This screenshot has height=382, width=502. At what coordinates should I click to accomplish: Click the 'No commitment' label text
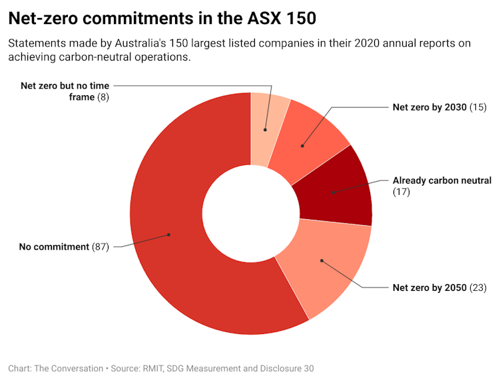click(54, 247)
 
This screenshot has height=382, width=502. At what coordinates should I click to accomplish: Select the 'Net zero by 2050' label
click(429, 287)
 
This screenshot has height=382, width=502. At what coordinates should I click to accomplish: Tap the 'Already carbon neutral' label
click(441, 180)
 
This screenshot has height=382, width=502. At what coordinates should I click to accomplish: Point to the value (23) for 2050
click(479, 287)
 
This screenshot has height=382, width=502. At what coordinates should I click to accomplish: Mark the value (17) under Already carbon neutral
click(401, 192)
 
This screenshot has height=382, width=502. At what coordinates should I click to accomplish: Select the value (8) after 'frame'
click(103, 97)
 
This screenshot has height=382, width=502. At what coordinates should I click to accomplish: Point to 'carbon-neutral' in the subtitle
click(93, 57)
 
